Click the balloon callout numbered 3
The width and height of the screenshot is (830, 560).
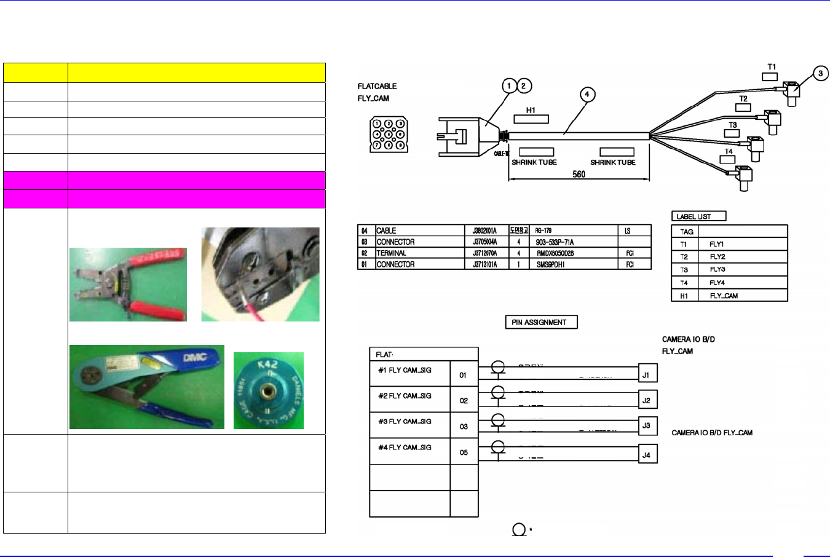click(x=821, y=74)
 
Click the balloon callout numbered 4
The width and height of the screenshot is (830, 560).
click(x=587, y=95)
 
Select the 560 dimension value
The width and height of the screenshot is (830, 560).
click(x=579, y=174)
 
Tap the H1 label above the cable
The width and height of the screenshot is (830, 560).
click(x=531, y=111)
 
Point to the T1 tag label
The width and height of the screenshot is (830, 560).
click(x=772, y=67)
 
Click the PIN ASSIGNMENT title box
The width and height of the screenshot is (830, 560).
click(x=541, y=322)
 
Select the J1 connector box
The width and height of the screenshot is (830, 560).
click(x=646, y=374)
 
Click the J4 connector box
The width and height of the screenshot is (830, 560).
click(x=646, y=455)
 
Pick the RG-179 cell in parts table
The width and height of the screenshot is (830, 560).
click(x=543, y=231)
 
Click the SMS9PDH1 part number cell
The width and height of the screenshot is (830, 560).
click(x=550, y=264)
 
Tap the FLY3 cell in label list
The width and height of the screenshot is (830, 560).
click(x=717, y=270)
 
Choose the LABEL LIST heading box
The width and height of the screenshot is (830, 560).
click(x=698, y=216)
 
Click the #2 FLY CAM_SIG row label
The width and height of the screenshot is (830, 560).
click(x=405, y=396)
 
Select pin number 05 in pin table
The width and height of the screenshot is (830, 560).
click(x=464, y=452)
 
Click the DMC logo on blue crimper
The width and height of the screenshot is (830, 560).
click(x=195, y=358)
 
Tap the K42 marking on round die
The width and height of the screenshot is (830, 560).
click(x=267, y=365)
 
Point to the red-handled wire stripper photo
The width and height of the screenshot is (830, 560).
click(x=128, y=285)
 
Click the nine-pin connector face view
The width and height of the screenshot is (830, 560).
click(x=388, y=135)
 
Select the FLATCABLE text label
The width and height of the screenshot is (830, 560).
click(x=377, y=87)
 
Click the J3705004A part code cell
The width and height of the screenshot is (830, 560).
click(x=484, y=242)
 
